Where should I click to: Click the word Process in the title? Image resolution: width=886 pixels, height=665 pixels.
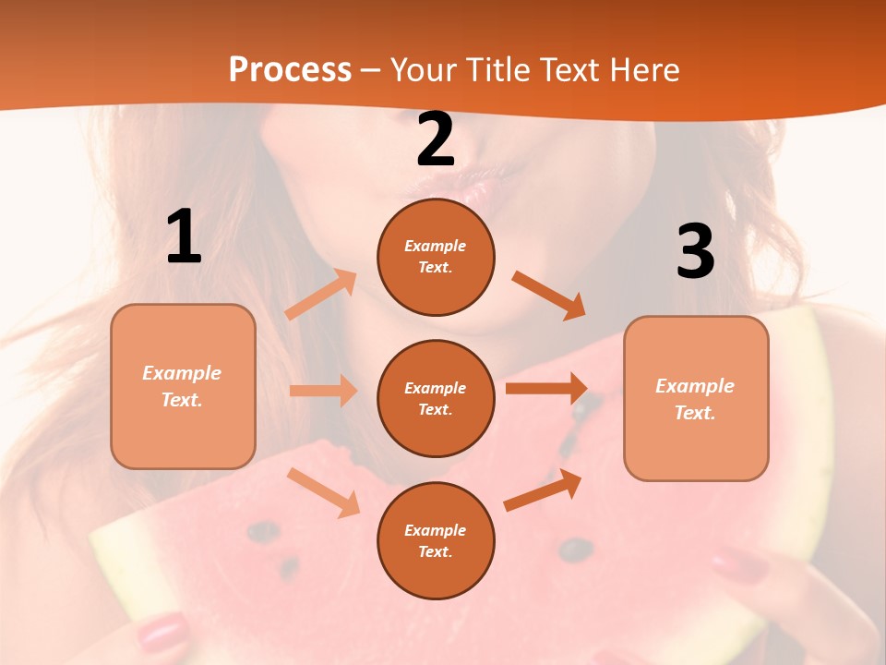coord(290,70)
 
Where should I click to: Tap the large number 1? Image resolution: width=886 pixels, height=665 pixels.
coord(184,237)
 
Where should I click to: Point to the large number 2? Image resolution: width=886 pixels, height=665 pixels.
coord(436,140)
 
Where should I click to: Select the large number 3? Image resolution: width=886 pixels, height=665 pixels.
coord(695,252)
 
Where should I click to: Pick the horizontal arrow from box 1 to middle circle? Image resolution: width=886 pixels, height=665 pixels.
coord(323,391)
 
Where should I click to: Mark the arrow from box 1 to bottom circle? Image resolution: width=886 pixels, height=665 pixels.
coord(323,492)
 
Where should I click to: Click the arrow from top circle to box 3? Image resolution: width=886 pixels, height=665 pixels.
coord(549,296)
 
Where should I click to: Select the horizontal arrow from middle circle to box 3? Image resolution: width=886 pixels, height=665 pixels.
coord(546,388)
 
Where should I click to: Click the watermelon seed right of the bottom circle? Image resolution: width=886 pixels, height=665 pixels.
coord(576,550)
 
